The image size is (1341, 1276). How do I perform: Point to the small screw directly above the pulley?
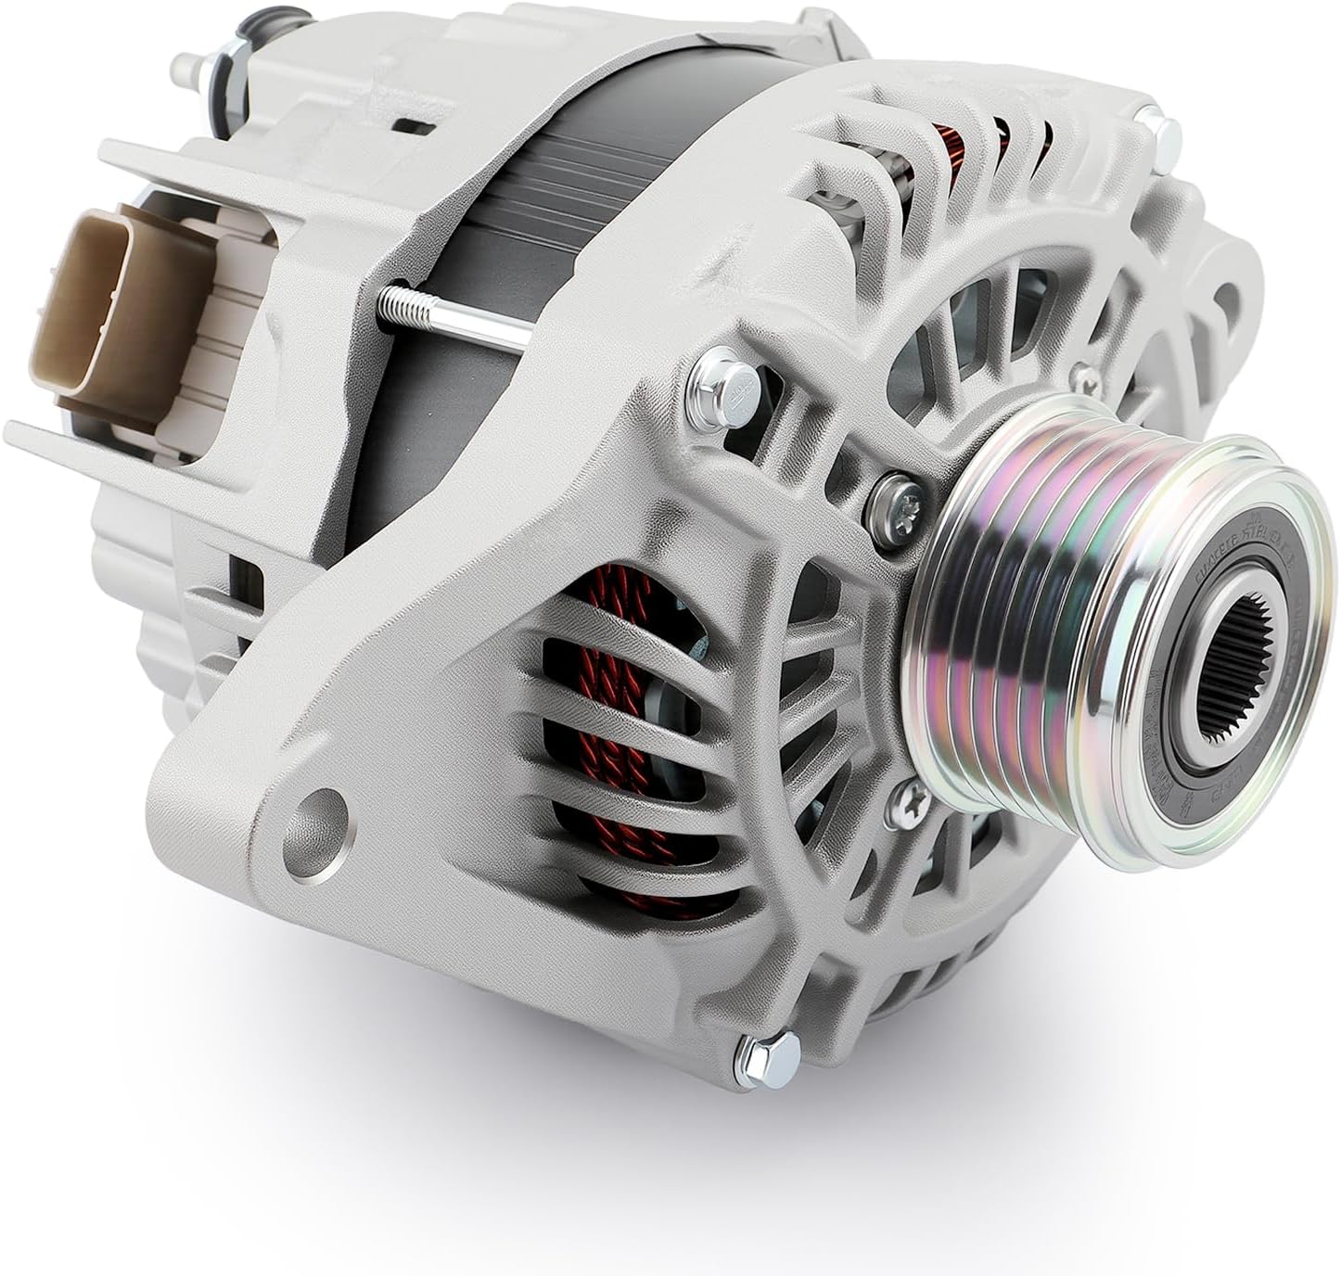click(1078, 375)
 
